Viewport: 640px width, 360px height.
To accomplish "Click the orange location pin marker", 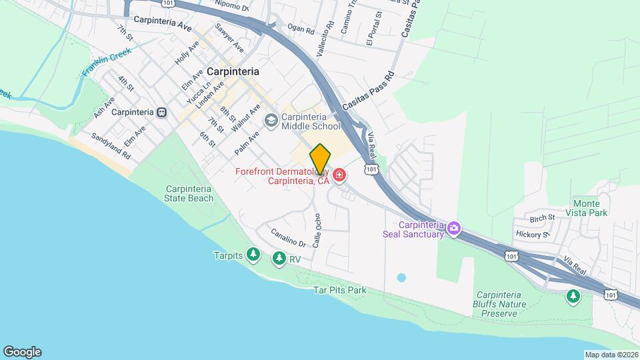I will (x=320, y=159).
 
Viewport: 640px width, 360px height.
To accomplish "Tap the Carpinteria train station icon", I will (x=161, y=113).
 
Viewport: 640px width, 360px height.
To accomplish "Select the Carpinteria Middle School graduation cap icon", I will (x=271, y=121).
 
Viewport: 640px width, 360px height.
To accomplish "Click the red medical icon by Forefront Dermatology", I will (x=339, y=175).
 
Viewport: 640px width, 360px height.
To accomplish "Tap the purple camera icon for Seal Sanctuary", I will (x=454, y=229).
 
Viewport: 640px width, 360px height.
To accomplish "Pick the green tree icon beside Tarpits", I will (x=253, y=255).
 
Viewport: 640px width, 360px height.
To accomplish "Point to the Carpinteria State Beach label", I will (x=190, y=193).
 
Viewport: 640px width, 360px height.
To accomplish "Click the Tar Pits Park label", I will (x=340, y=291).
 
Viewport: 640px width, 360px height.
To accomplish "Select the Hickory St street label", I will (x=532, y=234).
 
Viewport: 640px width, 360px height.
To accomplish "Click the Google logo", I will (x=22, y=352).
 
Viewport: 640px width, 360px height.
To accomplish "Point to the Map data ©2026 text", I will (x=611, y=355).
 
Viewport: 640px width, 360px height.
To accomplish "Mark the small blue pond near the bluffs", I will (x=401, y=277).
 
